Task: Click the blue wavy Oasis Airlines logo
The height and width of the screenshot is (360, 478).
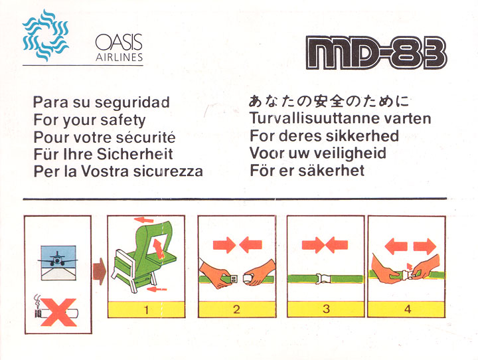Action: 45,35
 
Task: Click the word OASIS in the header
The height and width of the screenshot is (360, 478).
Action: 119,43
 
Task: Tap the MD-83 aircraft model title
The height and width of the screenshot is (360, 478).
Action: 376,52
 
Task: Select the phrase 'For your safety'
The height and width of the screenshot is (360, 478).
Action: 90,120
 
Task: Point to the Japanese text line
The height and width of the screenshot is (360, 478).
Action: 329,101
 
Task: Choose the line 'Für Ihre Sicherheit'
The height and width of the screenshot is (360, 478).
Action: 103,153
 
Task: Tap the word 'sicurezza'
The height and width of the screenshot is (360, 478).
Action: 168,171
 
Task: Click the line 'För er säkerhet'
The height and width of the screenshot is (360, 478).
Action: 307,170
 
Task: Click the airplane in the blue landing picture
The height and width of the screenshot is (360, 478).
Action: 57,259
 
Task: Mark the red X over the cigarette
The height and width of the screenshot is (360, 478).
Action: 58,312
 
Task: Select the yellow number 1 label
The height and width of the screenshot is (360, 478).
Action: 146,310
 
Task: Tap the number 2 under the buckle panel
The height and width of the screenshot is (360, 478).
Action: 236,310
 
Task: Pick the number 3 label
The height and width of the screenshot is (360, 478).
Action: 326,309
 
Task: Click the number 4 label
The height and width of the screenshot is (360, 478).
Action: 408,309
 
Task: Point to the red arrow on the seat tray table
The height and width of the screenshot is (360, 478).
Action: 159,248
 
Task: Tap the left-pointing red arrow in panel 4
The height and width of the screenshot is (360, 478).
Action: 396,246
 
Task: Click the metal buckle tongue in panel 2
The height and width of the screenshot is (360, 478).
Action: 233,279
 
